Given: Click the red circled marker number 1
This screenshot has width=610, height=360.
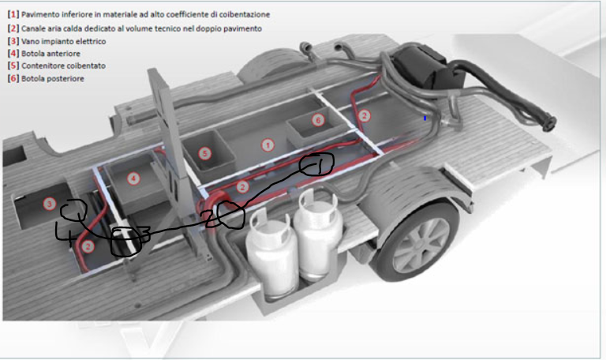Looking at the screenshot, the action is click(x=268, y=145).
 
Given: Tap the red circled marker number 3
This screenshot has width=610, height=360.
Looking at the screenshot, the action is click(x=50, y=204).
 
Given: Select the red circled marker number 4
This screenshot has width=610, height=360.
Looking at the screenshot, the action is click(x=133, y=178).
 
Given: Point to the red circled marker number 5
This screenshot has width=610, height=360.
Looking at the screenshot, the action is click(x=205, y=153).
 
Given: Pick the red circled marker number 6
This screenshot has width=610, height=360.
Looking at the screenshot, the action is click(x=318, y=120).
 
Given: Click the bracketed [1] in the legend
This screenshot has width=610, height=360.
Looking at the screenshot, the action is click(x=13, y=14).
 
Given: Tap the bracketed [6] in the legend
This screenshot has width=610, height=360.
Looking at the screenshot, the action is click(x=13, y=78).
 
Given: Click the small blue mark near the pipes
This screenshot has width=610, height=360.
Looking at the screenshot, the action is click(x=425, y=118).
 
